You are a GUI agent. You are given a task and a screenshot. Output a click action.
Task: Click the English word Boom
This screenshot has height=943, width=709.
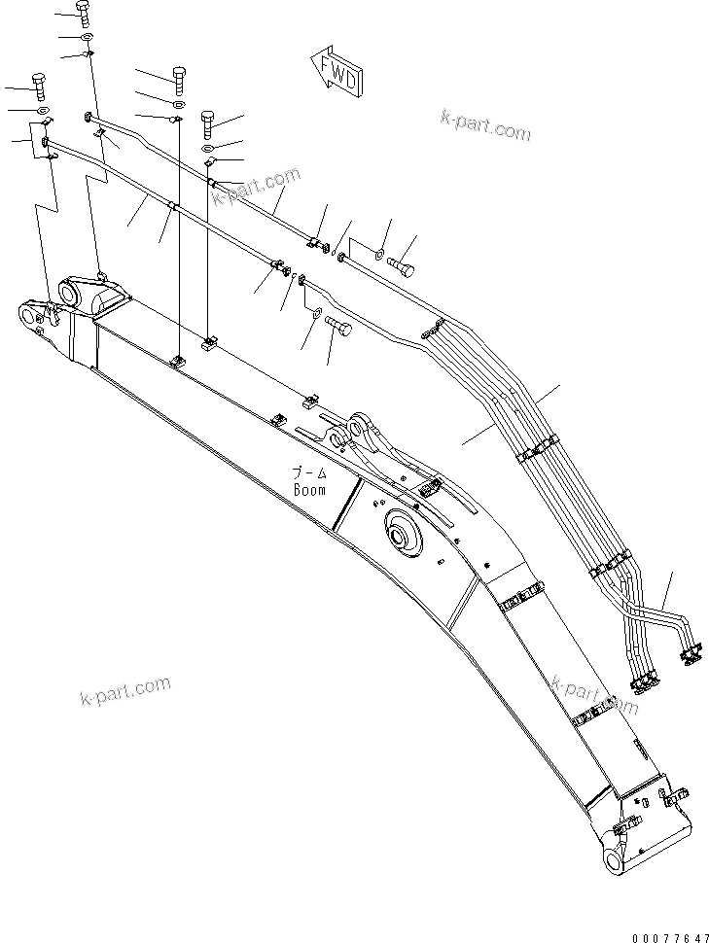click(x=310, y=490)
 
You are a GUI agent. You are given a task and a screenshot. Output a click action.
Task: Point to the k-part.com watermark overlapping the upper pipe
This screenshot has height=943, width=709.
click(x=256, y=188)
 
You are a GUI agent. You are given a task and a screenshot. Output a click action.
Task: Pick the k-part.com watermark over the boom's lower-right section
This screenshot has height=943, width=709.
click(x=594, y=696)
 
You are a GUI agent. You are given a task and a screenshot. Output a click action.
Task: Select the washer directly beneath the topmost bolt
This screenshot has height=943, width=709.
click(x=87, y=38)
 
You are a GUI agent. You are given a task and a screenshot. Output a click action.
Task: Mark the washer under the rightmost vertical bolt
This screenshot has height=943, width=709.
click(x=211, y=147)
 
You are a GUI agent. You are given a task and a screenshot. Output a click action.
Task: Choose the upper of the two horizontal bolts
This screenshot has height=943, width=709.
click(x=400, y=261)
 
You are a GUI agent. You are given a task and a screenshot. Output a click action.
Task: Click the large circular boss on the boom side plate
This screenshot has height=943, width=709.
click(x=401, y=534)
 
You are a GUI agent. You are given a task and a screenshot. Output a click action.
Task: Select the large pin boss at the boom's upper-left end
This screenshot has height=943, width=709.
click(x=72, y=293)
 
